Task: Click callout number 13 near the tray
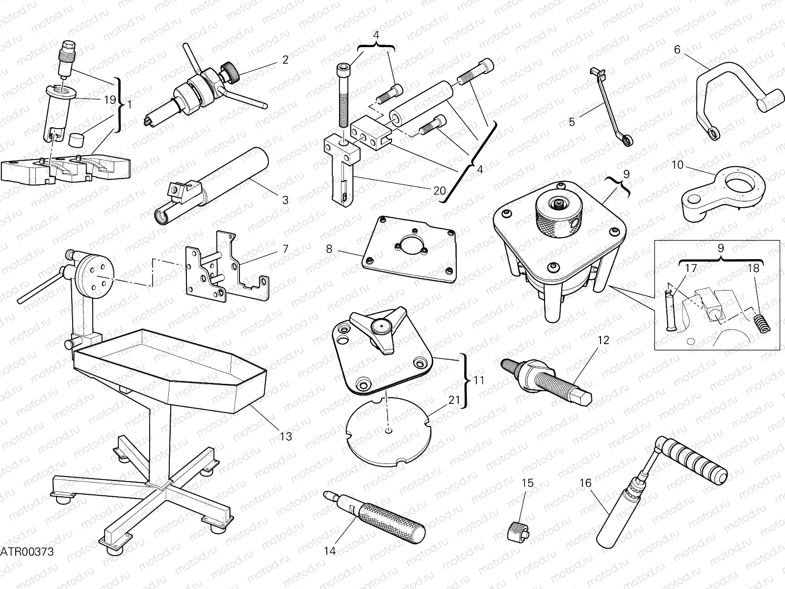click(x=286, y=436)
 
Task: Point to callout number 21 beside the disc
click(x=454, y=400)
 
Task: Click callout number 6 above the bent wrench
click(x=677, y=49)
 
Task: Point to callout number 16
click(x=585, y=483)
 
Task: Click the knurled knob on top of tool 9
click(x=558, y=216)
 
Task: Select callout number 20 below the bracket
click(x=440, y=189)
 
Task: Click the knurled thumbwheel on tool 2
click(x=230, y=69)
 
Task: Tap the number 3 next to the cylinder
click(x=285, y=200)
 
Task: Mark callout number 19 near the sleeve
click(x=109, y=100)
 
